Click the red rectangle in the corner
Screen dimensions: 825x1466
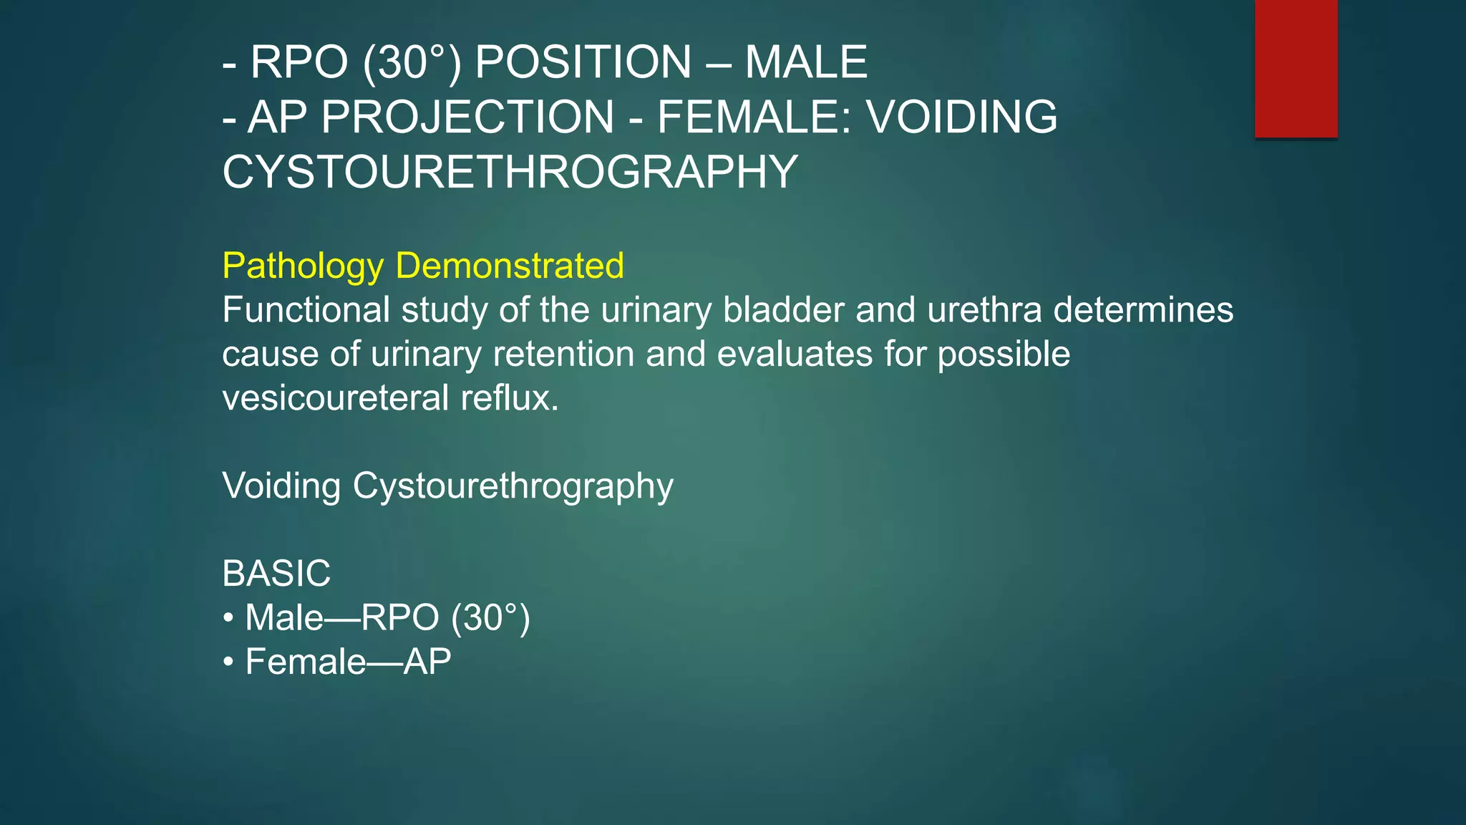click(x=1296, y=68)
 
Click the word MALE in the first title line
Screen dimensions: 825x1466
click(x=806, y=62)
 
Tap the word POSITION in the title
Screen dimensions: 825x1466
click(x=583, y=62)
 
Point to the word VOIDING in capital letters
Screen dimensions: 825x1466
click(x=962, y=117)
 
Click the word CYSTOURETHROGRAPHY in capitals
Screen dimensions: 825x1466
click(x=510, y=172)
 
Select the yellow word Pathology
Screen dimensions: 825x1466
click(x=303, y=266)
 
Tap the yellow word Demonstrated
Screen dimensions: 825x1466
click(x=510, y=266)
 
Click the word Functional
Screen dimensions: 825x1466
click(x=306, y=310)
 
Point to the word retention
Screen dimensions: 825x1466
click(x=563, y=354)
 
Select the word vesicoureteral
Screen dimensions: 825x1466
click(x=335, y=398)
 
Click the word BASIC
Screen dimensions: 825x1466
click(x=276, y=574)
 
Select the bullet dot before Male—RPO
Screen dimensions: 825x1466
click(x=228, y=618)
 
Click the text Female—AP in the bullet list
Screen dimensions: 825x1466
click(x=348, y=662)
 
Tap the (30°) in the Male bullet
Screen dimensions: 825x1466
click(x=490, y=618)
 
